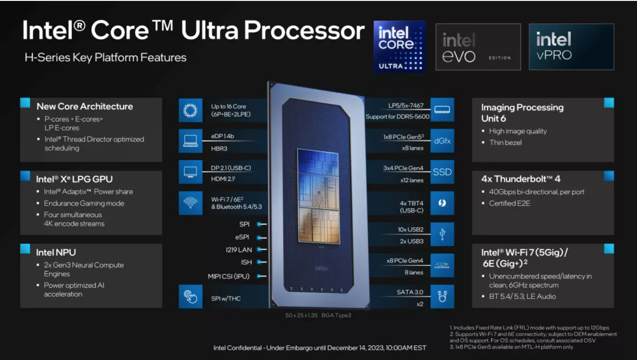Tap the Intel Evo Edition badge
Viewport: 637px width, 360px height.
tap(478, 47)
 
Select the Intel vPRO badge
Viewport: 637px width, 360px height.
tap(571, 47)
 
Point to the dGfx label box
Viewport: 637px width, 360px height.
tap(442, 141)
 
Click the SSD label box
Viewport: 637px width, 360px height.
tap(442, 172)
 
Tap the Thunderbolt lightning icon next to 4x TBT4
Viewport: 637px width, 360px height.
tap(442, 203)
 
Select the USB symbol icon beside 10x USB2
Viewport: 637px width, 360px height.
tap(442, 234)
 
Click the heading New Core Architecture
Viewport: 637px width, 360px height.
tap(85, 106)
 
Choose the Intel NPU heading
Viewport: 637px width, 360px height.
tap(56, 252)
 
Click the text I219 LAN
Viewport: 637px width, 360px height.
tap(239, 250)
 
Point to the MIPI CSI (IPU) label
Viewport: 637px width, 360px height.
tap(229, 276)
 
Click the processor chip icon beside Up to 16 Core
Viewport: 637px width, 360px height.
tap(188, 110)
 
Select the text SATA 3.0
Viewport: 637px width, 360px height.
tap(410, 292)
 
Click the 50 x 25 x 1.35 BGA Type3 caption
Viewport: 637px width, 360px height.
tap(318, 316)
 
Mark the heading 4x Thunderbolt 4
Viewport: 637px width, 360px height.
tap(521, 179)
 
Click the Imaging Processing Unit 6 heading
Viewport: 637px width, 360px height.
tap(522, 113)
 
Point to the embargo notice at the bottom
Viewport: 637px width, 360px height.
tap(319, 348)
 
